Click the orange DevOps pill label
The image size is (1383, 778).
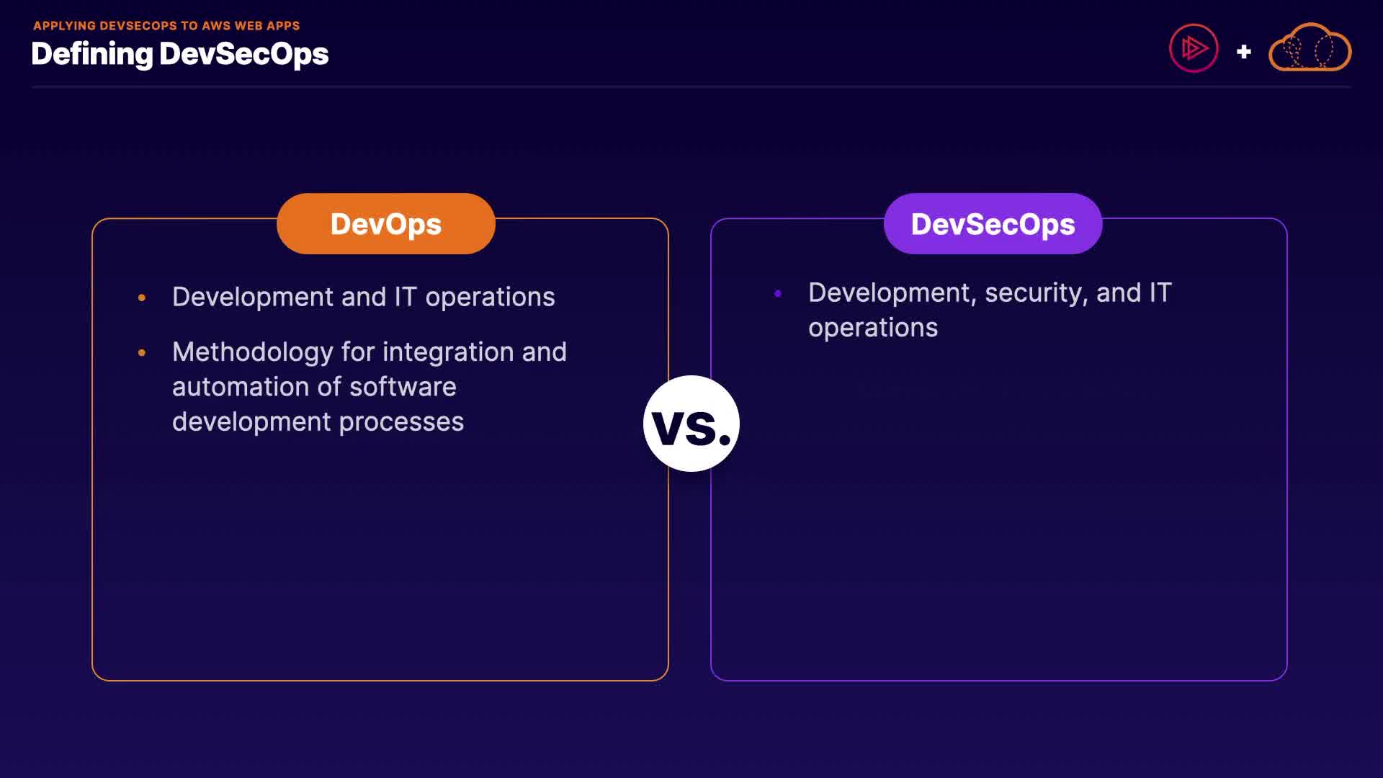click(x=386, y=223)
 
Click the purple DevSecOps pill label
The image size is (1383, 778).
click(x=993, y=223)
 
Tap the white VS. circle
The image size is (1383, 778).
click(x=691, y=424)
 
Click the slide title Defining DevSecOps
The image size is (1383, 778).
click(x=180, y=55)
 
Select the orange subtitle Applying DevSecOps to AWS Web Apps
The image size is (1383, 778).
click(x=166, y=26)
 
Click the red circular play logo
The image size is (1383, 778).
click(x=1194, y=48)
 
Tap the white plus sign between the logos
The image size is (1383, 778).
click(x=1243, y=52)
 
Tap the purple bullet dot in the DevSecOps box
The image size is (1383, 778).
click(x=778, y=293)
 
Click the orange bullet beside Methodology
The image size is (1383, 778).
click(x=142, y=352)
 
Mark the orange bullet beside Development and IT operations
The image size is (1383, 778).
click(x=142, y=297)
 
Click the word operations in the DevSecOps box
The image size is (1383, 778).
click(x=873, y=328)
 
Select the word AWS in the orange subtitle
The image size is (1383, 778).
click(x=216, y=26)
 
